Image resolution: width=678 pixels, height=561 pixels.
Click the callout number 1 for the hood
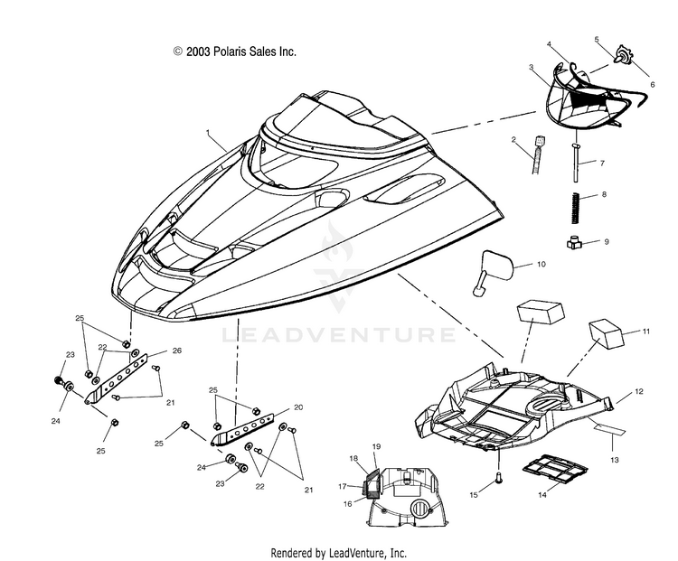(208, 131)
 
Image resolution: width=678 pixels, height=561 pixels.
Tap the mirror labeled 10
(495, 270)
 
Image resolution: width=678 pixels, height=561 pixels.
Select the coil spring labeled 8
(576, 208)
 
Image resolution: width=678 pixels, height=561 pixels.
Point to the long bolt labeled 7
(576, 163)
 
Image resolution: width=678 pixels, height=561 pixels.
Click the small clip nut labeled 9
(574, 244)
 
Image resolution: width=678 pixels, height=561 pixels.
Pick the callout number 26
(177, 351)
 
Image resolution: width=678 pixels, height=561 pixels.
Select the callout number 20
(298, 407)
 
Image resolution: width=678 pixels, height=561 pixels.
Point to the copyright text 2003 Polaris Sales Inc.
(235, 51)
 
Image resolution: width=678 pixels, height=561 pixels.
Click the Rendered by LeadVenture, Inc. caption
(338, 552)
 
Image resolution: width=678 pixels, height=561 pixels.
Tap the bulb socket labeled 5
(625, 55)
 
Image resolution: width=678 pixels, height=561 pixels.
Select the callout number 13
(615, 460)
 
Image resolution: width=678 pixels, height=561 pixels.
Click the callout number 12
(639, 391)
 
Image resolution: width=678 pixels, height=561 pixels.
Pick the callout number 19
(376, 445)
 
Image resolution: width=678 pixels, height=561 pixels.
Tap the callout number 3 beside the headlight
(531, 67)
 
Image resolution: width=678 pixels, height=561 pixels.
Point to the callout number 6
(653, 85)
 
